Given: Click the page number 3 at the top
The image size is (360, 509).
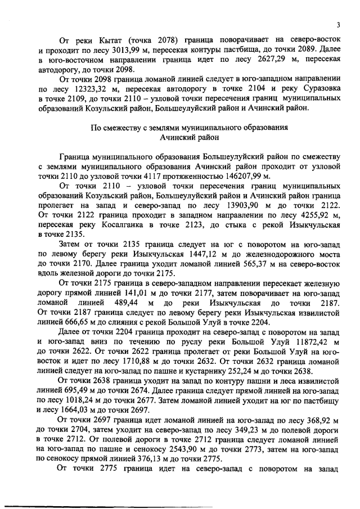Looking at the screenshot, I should (339, 24).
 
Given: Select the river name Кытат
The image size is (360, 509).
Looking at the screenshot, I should (109, 40).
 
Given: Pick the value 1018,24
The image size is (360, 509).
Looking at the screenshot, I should (84, 402).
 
